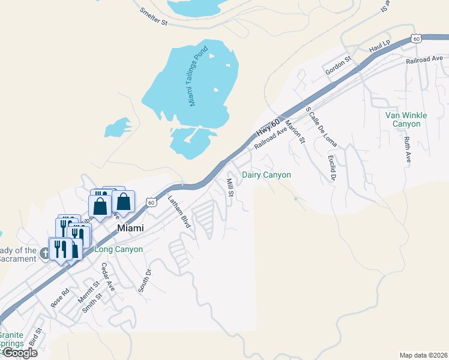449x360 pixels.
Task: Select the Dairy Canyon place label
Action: click(x=266, y=175)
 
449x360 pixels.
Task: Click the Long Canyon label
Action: click(x=118, y=249)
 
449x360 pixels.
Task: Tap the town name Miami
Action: click(x=131, y=228)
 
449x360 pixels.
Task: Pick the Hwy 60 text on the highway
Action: click(x=268, y=127)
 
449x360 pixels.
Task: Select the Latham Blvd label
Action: click(x=179, y=212)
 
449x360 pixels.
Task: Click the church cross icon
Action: click(x=44, y=253)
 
